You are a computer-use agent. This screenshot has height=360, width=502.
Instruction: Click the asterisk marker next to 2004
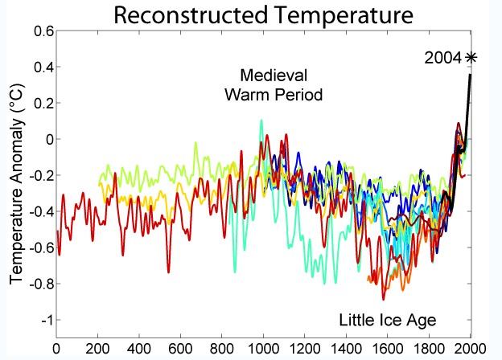click(471, 56)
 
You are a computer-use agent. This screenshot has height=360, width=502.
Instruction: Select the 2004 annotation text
click(444, 57)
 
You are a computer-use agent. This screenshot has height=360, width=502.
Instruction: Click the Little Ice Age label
click(387, 320)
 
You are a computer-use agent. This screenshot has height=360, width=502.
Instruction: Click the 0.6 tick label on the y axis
click(40, 31)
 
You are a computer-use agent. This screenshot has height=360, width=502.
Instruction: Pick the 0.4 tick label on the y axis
click(40, 67)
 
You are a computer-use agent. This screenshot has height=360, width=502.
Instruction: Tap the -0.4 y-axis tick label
click(38, 211)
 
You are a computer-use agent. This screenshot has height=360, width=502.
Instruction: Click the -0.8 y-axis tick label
click(38, 284)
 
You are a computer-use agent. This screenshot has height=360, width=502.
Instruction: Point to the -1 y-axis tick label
click(44, 320)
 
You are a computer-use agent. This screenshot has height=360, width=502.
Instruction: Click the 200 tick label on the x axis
click(97, 350)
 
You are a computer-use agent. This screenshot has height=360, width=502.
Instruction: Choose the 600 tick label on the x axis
click(180, 350)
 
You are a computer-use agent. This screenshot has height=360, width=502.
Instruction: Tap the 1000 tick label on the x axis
click(263, 350)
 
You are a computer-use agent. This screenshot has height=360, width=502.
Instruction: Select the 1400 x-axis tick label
click(346, 350)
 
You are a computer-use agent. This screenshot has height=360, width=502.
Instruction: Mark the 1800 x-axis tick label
click(429, 350)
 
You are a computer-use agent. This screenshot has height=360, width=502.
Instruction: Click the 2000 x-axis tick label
click(470, 350)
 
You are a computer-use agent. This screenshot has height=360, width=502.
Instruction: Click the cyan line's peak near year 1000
click(261, 121)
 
